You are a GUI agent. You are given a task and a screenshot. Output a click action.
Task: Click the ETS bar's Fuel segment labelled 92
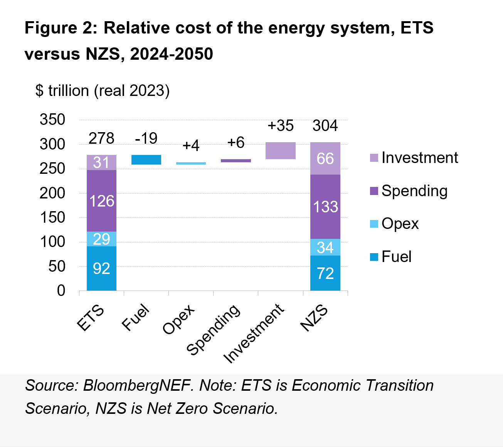pyautogui.click(x=101, y=268)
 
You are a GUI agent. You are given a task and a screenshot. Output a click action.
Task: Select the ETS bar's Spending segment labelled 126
pyautogui.click(x=101, y=201)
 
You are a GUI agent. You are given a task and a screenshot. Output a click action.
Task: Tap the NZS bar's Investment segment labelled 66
pyautogui.click(x=325, y=158)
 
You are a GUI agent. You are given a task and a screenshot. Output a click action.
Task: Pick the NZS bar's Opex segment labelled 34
pyautogui.click(x=325, y=247)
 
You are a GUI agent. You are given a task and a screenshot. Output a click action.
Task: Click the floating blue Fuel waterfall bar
pyautogui.click(x=146, y=160)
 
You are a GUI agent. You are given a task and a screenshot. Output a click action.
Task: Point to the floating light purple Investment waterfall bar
pyautogui.click(x=281, y=151)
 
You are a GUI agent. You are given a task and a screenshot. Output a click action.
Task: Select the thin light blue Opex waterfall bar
pyautogui.click(x=191, y=163)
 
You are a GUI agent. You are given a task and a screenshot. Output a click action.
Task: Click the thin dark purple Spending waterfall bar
pyautogui.click(x=236, y=161)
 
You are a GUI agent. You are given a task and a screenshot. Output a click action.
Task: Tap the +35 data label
pyautogui.click(x=281, y=126)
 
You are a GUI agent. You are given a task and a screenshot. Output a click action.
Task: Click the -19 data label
pyautogui.click(x=146, y=138)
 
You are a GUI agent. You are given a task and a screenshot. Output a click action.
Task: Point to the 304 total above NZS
pyautogui.click(x=325, y=126)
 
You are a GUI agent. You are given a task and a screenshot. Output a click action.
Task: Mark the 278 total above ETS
pyautogui.click(x=101, y=138)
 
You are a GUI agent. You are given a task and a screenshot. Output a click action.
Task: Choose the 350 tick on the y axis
pyautogui.click(x=52, y=120)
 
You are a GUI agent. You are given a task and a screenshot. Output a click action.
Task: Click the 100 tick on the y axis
pyautogui.click(x=52, y=242)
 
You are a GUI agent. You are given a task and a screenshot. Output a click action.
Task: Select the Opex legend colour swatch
pyautogui.click(x=374, y=224)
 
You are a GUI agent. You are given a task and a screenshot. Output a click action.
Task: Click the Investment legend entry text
pyautogui.click(x=420, y=158)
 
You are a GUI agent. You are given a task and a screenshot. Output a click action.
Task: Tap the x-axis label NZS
pyautogui.click(x=315, y=318)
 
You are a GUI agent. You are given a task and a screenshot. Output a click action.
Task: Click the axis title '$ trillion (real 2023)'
pyautogui.click(x=103, y=91)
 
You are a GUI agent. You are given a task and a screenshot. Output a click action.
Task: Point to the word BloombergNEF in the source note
pyautogui.click(x=138, y=386)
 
